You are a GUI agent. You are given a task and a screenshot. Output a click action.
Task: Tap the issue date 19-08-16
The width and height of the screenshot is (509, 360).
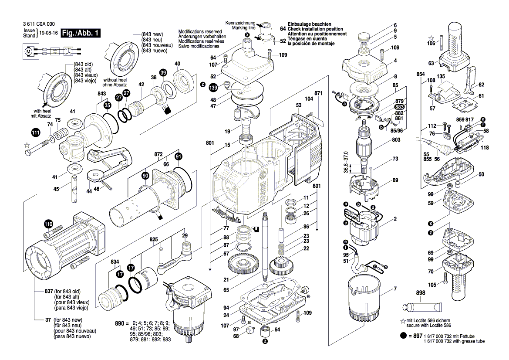(x=49, y=33)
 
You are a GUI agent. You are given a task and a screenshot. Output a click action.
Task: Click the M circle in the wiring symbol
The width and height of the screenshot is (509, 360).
(x=29, y=51)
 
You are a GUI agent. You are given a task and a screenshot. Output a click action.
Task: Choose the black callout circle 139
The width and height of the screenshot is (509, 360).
(x=213, y=88)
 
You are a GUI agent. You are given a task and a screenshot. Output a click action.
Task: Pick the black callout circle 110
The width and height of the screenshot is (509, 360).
(x=48, y=224)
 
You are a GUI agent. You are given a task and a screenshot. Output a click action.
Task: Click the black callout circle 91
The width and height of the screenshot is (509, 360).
(x=179, y=156)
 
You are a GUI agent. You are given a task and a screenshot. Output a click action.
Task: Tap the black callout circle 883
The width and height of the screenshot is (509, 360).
(x=399, y=107)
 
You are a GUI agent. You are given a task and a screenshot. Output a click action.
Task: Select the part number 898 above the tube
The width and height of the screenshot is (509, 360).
(x=420, y=293)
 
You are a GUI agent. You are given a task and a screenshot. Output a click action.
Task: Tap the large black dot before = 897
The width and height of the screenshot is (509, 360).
(x=404, y=336)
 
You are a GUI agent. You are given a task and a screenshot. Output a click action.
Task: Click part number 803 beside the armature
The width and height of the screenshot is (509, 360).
(x=396, y=139)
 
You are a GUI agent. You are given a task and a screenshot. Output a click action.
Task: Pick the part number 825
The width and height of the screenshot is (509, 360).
(x=154, y=240)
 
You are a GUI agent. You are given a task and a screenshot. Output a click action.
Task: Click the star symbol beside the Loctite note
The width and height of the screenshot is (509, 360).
(x=403, y=321)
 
